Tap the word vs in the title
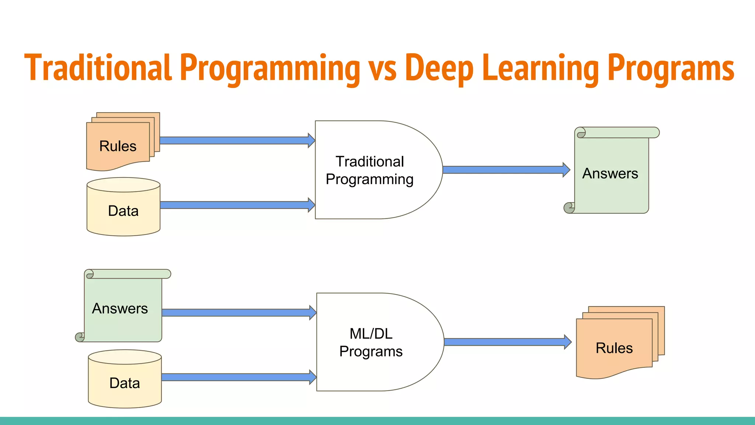tap(382, 70)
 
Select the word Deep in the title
tap(439, 68)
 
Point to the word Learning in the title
tap(540, 68)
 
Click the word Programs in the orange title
tap(671, 68)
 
